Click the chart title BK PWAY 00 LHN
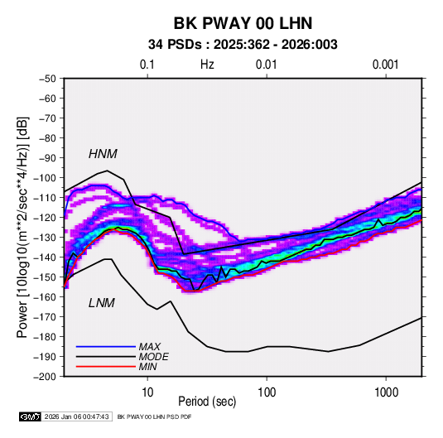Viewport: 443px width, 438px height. coord(243,23)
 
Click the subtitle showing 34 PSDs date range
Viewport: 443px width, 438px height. coord(243,45)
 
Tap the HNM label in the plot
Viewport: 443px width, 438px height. coord(103,154)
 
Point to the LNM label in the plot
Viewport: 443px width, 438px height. coord(102,303)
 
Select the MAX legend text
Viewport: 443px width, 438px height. coord(150,346)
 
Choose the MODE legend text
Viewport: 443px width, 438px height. coord(154,357)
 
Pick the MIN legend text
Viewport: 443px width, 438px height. coord(148,367)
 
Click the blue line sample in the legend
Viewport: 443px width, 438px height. coord(106,346)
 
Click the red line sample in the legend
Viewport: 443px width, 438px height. coord(106,367)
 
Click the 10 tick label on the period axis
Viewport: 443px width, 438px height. coord(147,392)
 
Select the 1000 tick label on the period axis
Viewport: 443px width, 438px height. coord(386,392)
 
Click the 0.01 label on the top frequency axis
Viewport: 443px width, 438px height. coord(267,65)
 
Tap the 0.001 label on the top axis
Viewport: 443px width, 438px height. coord(386,65)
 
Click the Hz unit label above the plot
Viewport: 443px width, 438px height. coord(207,65)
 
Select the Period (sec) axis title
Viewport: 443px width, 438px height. coord(207,402)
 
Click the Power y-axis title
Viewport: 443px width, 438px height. coord(22,227)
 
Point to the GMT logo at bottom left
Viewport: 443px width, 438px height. coord(30,416)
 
